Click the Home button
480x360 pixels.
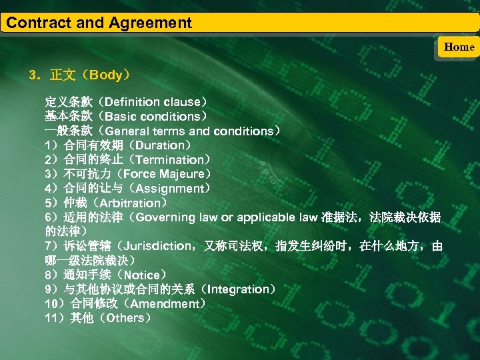point(459,47)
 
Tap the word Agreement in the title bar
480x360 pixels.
point(149,23)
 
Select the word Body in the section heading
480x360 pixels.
point(107,75)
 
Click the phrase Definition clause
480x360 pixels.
point(152,102)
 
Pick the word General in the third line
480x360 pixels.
point(127,131)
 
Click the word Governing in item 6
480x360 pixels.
point(165,217)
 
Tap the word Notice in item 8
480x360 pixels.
point(141,275)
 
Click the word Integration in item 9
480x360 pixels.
point(239,289)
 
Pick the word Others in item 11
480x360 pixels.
point(125,318)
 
